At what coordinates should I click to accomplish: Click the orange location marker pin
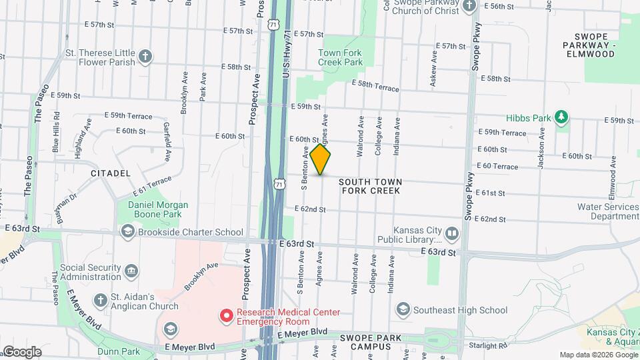click(x=321, y=159)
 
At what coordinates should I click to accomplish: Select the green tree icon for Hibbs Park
click(x=561, y=118)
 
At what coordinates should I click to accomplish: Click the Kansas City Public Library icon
click(x=452, y=233)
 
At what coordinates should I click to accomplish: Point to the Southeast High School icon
click(x=403, y=309)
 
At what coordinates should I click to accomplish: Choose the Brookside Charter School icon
click(x=127, y=231)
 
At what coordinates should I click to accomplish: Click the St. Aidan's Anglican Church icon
click(x=100, y=299)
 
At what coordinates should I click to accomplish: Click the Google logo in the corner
click(x=22, y=351)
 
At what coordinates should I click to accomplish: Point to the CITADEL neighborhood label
click(x=111, y=173)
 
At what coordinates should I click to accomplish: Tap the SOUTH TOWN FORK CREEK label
click(x=371, y=186)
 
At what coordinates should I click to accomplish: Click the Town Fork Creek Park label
click(x=340, y=57)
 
